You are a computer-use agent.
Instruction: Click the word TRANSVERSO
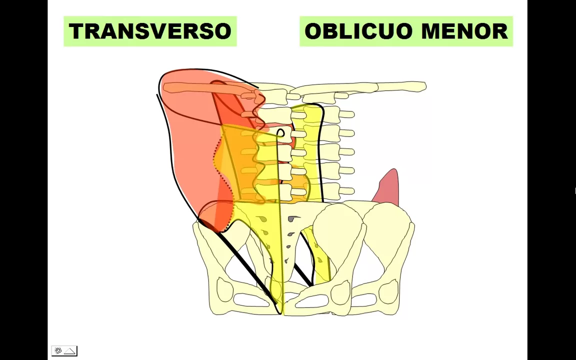150,31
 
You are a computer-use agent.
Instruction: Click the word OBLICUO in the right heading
359,31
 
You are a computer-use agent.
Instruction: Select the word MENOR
464,31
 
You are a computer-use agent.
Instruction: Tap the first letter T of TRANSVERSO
76,31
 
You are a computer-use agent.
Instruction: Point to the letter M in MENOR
431,31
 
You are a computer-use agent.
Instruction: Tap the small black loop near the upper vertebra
280,133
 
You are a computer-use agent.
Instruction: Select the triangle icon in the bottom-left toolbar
69,351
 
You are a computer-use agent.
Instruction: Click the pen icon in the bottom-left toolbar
58,351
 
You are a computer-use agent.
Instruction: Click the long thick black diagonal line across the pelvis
245,265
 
